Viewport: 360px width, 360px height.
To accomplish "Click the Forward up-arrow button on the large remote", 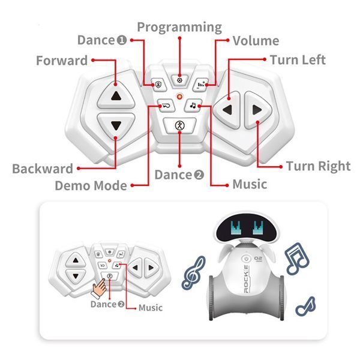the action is [x=116, y=95].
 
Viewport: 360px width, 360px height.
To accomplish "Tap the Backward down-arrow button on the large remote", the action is [x=116, y=126].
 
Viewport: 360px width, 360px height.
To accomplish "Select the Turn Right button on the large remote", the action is [x=257, y=110].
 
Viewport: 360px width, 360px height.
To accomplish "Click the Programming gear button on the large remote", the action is [x=179, y=80].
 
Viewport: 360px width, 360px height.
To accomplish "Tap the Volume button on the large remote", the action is [x=200, y=85].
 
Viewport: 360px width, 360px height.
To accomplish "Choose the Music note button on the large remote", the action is [x=193, y=106].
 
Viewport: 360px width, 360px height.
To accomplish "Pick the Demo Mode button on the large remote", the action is [x=166, y=106].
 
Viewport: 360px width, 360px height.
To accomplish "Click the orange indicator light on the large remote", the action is [x=179, y=97].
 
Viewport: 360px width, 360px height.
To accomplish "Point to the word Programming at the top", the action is [x=179, y=28].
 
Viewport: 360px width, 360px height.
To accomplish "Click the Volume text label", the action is [x=256, y=41].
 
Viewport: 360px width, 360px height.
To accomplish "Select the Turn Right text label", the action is [x=318, y=166].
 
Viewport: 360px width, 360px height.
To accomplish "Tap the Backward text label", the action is [x=43, y=169].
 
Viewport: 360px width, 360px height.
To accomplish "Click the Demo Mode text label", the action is [x=91, y=185].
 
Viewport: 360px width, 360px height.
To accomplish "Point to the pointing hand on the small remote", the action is [x=99, y=289].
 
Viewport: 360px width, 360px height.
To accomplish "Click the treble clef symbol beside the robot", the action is [x=193, y=273].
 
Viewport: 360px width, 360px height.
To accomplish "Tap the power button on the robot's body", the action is [x=246, y=259].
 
